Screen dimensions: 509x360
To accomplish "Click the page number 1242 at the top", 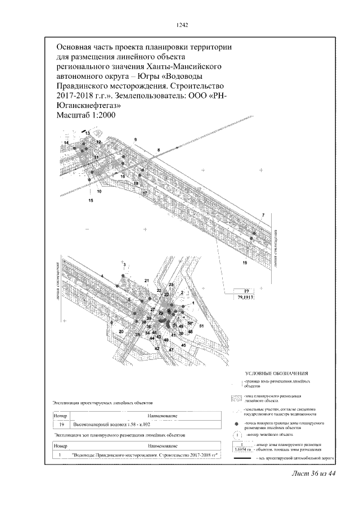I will coord(181,25).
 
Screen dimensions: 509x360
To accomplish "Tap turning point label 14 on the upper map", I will coord(66,144).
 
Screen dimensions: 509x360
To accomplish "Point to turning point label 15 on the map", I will coord(91,200).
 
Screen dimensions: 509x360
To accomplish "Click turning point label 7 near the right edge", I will coord(262,216).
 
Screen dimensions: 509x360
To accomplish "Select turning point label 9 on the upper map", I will coord(136,139).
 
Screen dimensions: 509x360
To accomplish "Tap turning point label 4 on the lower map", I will coord(103,276).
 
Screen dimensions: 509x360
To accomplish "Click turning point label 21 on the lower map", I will coord(146,280).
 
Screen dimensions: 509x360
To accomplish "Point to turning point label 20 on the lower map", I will coord(121,332).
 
